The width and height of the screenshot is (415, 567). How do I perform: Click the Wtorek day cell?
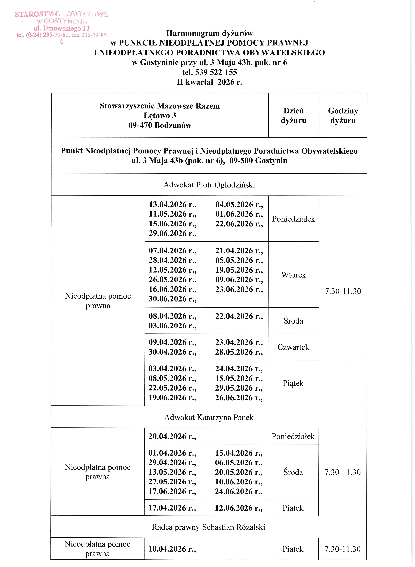pos(293,275)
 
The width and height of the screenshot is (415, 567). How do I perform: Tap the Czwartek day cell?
pos(293,347)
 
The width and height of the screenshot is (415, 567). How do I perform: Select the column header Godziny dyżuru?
pos(343,116)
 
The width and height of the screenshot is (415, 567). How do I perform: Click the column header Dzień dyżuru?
pos(293,116)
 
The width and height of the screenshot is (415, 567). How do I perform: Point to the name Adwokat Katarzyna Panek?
pos(209,417)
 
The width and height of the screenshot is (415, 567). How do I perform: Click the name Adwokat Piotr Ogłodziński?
pos(209,185)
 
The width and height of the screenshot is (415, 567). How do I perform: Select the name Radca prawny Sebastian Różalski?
pos(209,527)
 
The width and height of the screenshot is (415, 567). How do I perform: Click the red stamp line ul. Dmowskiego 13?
pos(62,28)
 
